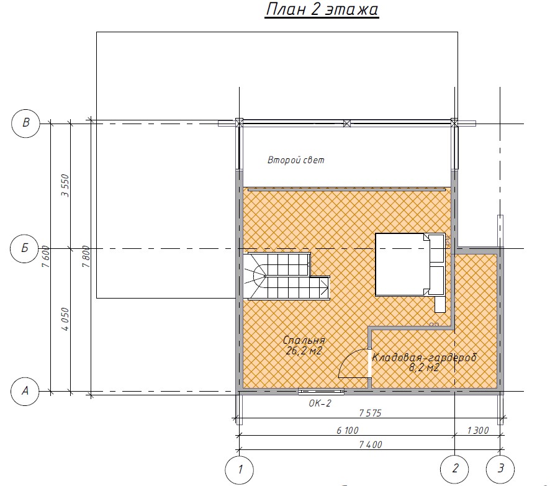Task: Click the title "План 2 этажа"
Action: (322, 9)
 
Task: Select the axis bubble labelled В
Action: (25, 124)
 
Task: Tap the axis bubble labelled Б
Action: (25, 249)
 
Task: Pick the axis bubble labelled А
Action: (25, 391)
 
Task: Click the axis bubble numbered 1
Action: (239, 469)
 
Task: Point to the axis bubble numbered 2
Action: (454, 469)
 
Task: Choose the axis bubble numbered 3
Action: (500, 469)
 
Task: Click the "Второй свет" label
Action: (296, 160)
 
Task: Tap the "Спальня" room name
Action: (304, 340)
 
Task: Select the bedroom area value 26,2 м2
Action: (304, 351)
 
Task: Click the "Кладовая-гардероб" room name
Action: (424, 358)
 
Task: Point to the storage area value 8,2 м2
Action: (424, 367)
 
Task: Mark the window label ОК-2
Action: (320, 403)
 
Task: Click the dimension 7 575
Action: (370, 413)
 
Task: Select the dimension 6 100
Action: (347, 430)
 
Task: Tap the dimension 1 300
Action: (478, 430)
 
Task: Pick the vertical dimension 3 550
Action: (66, 186)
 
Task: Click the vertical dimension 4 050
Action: (66, 319)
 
